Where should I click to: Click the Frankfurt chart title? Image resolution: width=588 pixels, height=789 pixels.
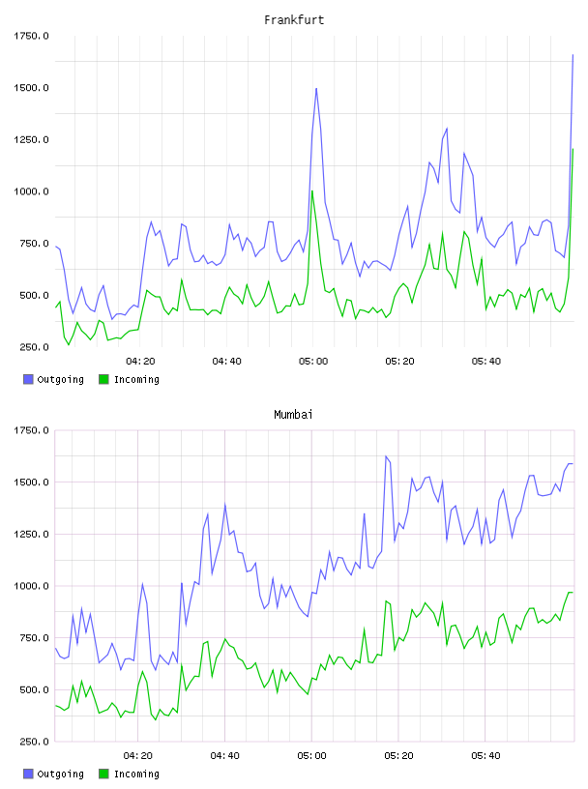click(294, 20)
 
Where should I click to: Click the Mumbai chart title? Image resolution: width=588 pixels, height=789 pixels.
click(293, 415)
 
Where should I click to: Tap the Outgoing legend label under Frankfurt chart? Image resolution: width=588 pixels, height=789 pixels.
click(60, 379)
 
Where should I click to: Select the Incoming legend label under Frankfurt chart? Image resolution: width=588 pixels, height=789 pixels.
click(136, 379)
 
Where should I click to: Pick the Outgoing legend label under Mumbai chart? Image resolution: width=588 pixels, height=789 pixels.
click(60, 774)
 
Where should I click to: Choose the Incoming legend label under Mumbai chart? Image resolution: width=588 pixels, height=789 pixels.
click(136, 774)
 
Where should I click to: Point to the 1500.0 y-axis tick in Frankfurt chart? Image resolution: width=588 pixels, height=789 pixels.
click(31, 88)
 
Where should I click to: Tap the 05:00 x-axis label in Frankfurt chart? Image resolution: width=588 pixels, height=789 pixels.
click(313, 362)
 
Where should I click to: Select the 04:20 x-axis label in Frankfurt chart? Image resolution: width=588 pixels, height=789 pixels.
click(140, 362)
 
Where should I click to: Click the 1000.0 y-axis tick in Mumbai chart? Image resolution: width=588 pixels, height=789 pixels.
click(31, 586)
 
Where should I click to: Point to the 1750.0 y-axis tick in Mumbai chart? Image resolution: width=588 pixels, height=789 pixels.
click(31, 430)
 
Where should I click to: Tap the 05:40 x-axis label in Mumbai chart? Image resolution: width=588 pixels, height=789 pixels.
click(485, 756)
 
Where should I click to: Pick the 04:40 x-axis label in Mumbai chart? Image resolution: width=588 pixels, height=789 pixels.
click(225, 756)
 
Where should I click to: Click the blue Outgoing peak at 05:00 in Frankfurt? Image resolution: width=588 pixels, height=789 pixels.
click(316, 89)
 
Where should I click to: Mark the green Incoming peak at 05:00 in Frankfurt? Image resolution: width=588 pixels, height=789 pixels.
click(312, 191)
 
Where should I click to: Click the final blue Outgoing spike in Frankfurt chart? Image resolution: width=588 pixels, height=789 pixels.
click(573, 55)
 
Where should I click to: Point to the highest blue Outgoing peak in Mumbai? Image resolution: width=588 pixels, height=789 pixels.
click(386, 456)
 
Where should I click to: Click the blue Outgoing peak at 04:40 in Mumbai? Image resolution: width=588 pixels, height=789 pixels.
click(225, 504)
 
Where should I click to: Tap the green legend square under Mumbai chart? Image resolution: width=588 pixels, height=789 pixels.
click(103, 774)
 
